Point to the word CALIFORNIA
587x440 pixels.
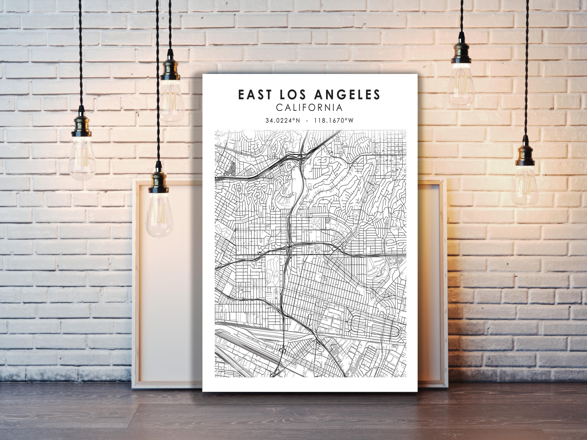(309, 107)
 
